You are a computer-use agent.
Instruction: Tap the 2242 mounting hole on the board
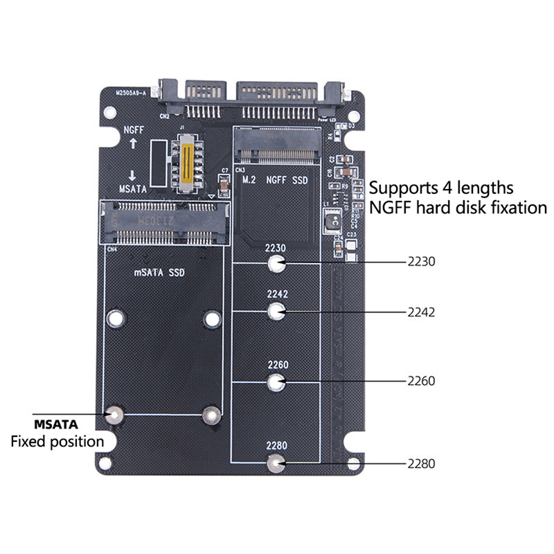click(x=277, y=312)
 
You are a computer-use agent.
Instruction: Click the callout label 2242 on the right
click(x=421, y=312)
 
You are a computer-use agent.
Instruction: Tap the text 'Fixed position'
click(x=57, y=441)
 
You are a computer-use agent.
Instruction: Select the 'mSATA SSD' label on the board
click(x=159, y=272)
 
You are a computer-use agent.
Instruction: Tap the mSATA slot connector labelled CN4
click(x=165, y=222)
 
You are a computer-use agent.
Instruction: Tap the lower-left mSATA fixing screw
click(x=115, y=415)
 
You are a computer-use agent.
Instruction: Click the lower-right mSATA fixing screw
click(x=211, y=415)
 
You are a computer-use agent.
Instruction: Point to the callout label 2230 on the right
click(x=421, y=263)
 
